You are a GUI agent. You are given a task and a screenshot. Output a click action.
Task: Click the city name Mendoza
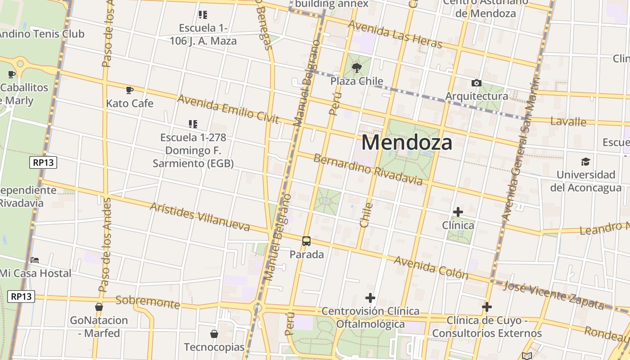point(407,143)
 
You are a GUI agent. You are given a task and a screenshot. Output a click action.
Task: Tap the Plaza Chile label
point(357,81)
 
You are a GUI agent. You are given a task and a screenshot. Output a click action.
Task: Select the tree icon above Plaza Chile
point(357,68)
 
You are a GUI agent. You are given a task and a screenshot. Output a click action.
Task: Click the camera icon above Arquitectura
point(476,83)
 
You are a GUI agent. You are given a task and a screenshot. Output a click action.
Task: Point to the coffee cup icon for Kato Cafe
point(130,90)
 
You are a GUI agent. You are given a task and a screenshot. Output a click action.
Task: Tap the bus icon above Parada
point(306,241)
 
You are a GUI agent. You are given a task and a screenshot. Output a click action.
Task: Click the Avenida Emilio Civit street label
point(228,108)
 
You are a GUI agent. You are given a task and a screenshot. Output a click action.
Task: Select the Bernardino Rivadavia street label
point(368,170)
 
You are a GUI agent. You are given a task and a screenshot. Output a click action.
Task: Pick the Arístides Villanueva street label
point(199,216)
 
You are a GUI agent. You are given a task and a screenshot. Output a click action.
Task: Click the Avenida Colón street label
point(431,267)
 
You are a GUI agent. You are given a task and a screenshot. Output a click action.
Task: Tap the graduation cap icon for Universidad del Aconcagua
point(585,162)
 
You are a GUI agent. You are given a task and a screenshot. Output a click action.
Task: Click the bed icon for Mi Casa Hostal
point(35,260)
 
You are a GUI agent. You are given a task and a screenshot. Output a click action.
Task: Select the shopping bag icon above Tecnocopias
point(214,334)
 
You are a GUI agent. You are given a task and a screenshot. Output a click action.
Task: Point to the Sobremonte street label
point(148,301)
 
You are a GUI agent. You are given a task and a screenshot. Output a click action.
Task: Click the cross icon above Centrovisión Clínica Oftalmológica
point(370,298)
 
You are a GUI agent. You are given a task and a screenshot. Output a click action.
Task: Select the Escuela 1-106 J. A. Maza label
point(203,34)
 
